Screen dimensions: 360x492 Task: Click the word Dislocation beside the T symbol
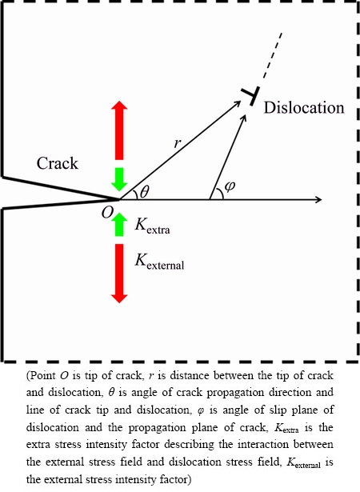304,108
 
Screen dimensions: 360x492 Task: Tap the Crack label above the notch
57,163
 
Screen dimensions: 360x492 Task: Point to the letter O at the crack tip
107,213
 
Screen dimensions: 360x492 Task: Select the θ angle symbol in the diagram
144,192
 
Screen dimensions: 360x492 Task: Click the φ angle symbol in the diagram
230,186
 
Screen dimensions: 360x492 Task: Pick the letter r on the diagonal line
178,143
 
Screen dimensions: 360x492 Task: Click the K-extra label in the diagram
152,226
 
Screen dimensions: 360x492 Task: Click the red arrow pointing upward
119,130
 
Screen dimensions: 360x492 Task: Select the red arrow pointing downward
119,274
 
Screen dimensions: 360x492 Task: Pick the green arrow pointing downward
119,179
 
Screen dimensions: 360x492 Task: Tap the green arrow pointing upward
119,224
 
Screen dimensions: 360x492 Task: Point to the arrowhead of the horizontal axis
318,199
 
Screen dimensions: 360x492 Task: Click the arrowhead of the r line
237,103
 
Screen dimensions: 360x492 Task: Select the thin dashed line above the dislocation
272,55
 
